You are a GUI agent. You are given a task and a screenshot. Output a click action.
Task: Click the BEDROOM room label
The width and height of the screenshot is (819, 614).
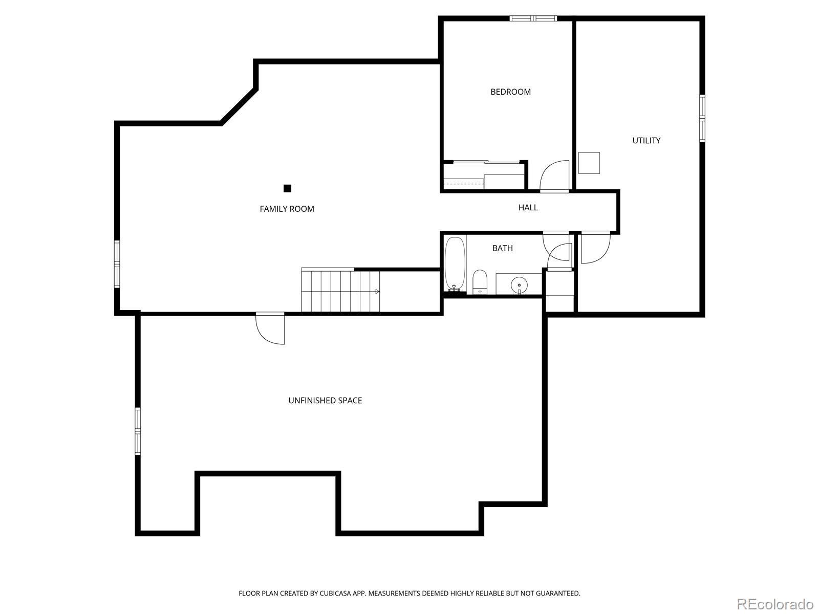coord(510,92)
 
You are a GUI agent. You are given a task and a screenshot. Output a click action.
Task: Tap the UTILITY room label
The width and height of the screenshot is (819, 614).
coord(646,141)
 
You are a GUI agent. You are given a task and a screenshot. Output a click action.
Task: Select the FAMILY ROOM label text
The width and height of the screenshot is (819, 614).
coord(287,209)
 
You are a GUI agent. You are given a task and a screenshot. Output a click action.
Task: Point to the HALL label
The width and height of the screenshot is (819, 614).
coord(528,207)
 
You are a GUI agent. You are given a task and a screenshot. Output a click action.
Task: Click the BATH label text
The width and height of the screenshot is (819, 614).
coord(502,248)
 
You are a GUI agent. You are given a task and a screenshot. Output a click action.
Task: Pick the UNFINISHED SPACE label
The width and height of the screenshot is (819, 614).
coord(325,401)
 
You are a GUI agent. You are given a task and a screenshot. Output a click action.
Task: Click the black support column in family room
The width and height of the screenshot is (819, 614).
coord(287,188)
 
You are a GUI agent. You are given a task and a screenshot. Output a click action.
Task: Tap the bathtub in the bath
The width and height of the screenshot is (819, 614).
coord(455,264)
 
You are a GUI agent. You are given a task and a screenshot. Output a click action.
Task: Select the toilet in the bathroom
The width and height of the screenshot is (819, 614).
coord(480,282)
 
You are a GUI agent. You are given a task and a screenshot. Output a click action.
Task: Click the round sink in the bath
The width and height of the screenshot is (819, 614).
coord(519,284)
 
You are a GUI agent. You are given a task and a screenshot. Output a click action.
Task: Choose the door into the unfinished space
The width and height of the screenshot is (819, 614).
coord(270,328)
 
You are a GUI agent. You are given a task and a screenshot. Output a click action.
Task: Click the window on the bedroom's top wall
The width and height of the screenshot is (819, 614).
coord(533,18)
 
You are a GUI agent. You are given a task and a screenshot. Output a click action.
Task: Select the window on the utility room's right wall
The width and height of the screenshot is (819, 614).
coord(702,118)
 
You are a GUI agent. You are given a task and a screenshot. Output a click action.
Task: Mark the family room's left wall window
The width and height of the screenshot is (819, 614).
coord(117,264)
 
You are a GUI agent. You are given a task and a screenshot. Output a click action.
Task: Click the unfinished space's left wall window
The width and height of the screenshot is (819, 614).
coord(137,431)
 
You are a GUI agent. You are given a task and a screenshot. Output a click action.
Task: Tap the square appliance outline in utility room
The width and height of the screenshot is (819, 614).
coord(589,163)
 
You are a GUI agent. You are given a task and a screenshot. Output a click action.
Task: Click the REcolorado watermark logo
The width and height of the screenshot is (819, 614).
coord(775,604)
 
